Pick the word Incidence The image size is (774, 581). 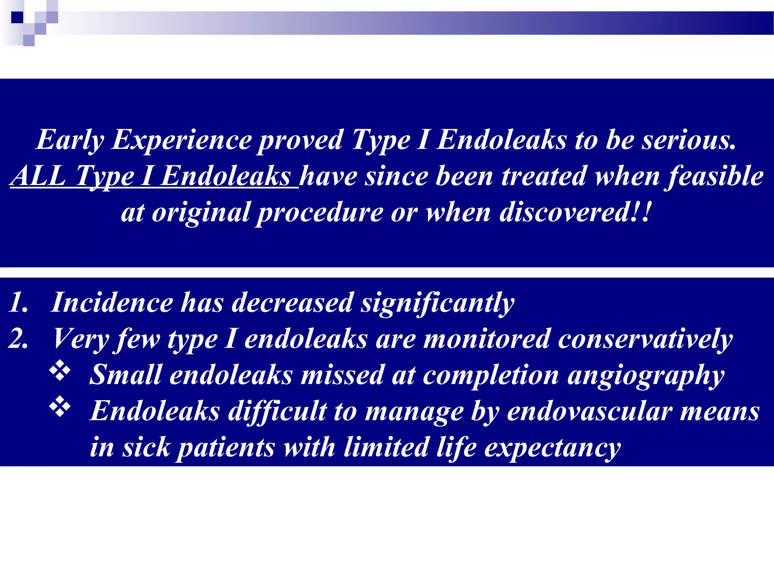point(112,303)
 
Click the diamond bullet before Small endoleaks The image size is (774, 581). point(60,371)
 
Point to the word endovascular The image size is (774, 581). point(590,411)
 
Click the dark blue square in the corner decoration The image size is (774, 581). point(17,17)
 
